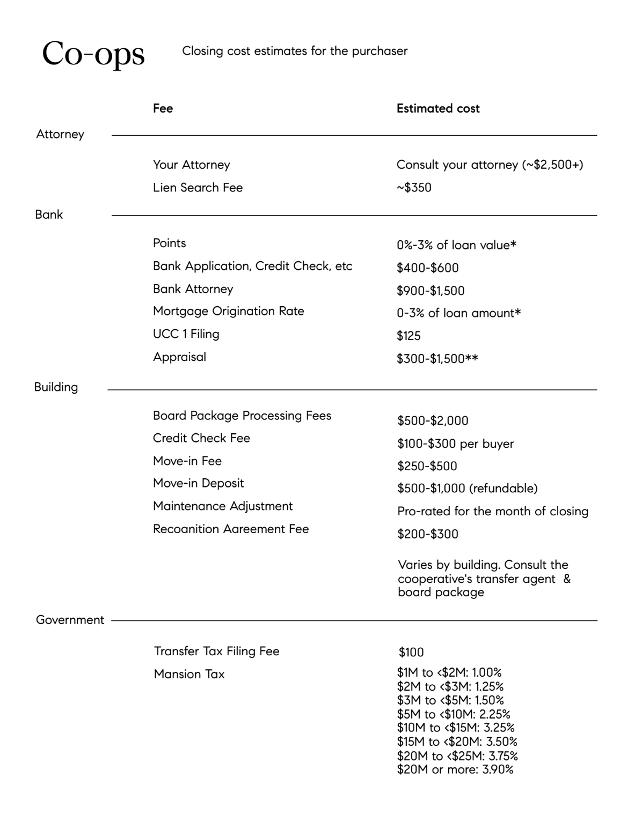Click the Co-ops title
(93, 54)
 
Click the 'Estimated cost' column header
(437, 108)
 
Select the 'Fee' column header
(163, 108)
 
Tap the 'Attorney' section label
(60, 134)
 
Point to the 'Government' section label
(70, 620)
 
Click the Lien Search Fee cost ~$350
(414, 188)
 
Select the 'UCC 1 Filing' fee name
(186, 334)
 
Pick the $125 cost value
(408, 336)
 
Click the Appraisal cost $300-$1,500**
(437, 359)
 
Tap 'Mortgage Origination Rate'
(228, 311)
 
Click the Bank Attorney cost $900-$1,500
(431, 291)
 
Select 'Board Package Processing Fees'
(242, 416)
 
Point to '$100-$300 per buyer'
(455, 444)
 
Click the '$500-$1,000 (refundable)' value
(467, 488)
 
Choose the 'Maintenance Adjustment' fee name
(223, 506)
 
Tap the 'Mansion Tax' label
(189, 674)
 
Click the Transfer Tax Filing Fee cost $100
(411, 653)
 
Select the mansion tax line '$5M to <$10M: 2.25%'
(454, 714)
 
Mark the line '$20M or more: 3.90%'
(455, 770)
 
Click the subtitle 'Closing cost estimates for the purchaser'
(295, 51)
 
